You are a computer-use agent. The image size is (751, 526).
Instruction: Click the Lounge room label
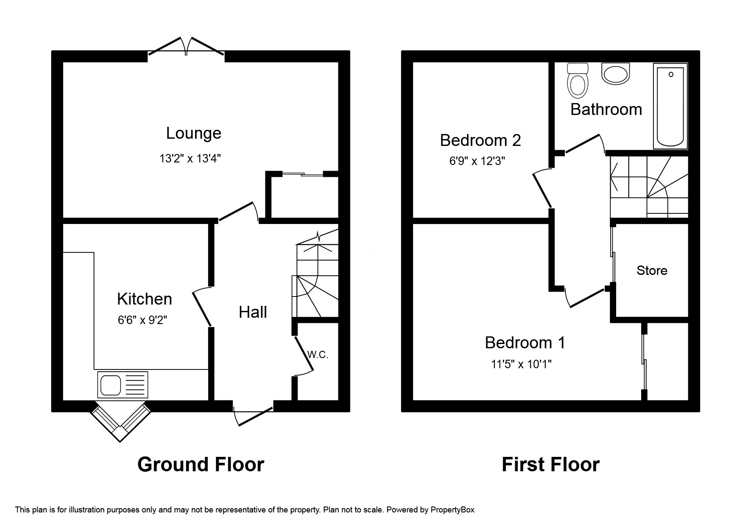[x=193, y=133]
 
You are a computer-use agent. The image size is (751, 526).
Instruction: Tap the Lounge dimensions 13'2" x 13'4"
[x=190, y=159]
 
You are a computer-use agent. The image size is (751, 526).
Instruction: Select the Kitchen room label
[x=144, y=299]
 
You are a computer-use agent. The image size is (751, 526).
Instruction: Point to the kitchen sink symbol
[x=123, y=385]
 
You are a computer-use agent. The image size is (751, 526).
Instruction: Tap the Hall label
[x=253, y=312]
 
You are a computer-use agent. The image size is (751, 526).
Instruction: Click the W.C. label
[x=318, y=355]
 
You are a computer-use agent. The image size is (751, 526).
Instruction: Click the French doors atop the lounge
[x=186, y=47]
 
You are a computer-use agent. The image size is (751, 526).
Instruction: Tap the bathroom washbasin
[x=615, y=74]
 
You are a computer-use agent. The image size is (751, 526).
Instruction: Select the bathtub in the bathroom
[x=670, y=106]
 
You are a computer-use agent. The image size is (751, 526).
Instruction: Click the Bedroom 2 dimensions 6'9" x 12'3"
[x=477, y=161]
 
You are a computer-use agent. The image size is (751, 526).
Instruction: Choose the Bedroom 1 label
[x=525, y=343]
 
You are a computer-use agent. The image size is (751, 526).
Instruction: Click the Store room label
[x=652, y=271]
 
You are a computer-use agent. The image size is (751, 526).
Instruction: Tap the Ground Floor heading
[x=201, y=464]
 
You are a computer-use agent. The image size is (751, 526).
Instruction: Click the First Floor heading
[x=550, y=464]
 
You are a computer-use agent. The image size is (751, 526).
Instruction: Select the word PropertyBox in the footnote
[x=452, y=510]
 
